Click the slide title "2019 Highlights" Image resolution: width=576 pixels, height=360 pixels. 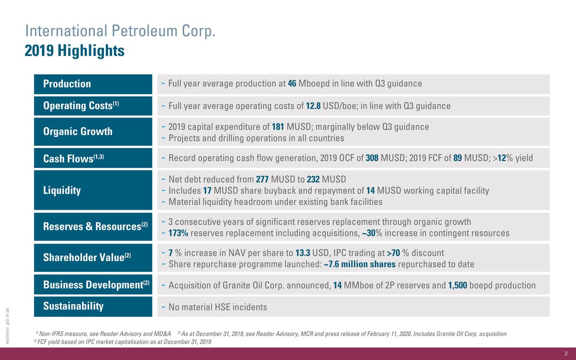pyautogui.click(x=74, y=51)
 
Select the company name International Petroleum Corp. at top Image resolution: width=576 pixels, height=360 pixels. pyautogui.click(x=121, y=31)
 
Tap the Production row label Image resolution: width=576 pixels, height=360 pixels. pyautogui.click(x=67, y=84)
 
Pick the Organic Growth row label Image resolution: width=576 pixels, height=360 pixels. pyautogui.click(x=78, y=132)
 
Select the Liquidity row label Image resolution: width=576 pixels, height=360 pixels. pyautogui.click(x=62, y=191)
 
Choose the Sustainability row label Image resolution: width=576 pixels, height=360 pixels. pyautogui.click(x=73, y=306)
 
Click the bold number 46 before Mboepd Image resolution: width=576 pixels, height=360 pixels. pyautogui.click(x=292, y=84)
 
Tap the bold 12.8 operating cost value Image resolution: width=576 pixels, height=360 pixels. pyautogui.click(x=313, y=106)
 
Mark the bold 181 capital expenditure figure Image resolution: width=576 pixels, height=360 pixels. pyautogui.click(x=278, y=127)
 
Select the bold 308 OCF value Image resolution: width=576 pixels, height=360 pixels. pyautogui.click(x=372, y=158)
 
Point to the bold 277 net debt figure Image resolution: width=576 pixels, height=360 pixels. pyautogui.click(x=262, y=180)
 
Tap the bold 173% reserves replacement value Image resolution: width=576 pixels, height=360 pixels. pyautogui.click(x=178, y=234)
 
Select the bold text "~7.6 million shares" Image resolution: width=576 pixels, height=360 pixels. pyautogui.click(x=360, y=264)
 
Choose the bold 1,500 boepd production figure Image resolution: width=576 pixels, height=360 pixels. pyautogui.click(x=458, y=286)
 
